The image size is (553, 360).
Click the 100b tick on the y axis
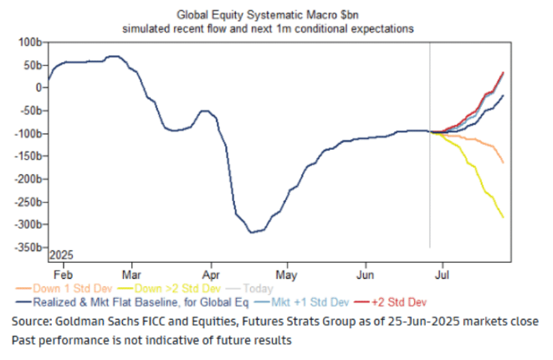[32, 41]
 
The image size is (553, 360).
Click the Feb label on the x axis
[61, 273]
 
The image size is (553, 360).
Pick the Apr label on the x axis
[212, 273]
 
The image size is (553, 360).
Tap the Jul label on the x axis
[447, 273]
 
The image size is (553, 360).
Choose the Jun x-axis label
[366, 273]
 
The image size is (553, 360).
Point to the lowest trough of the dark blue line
[252, 232]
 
